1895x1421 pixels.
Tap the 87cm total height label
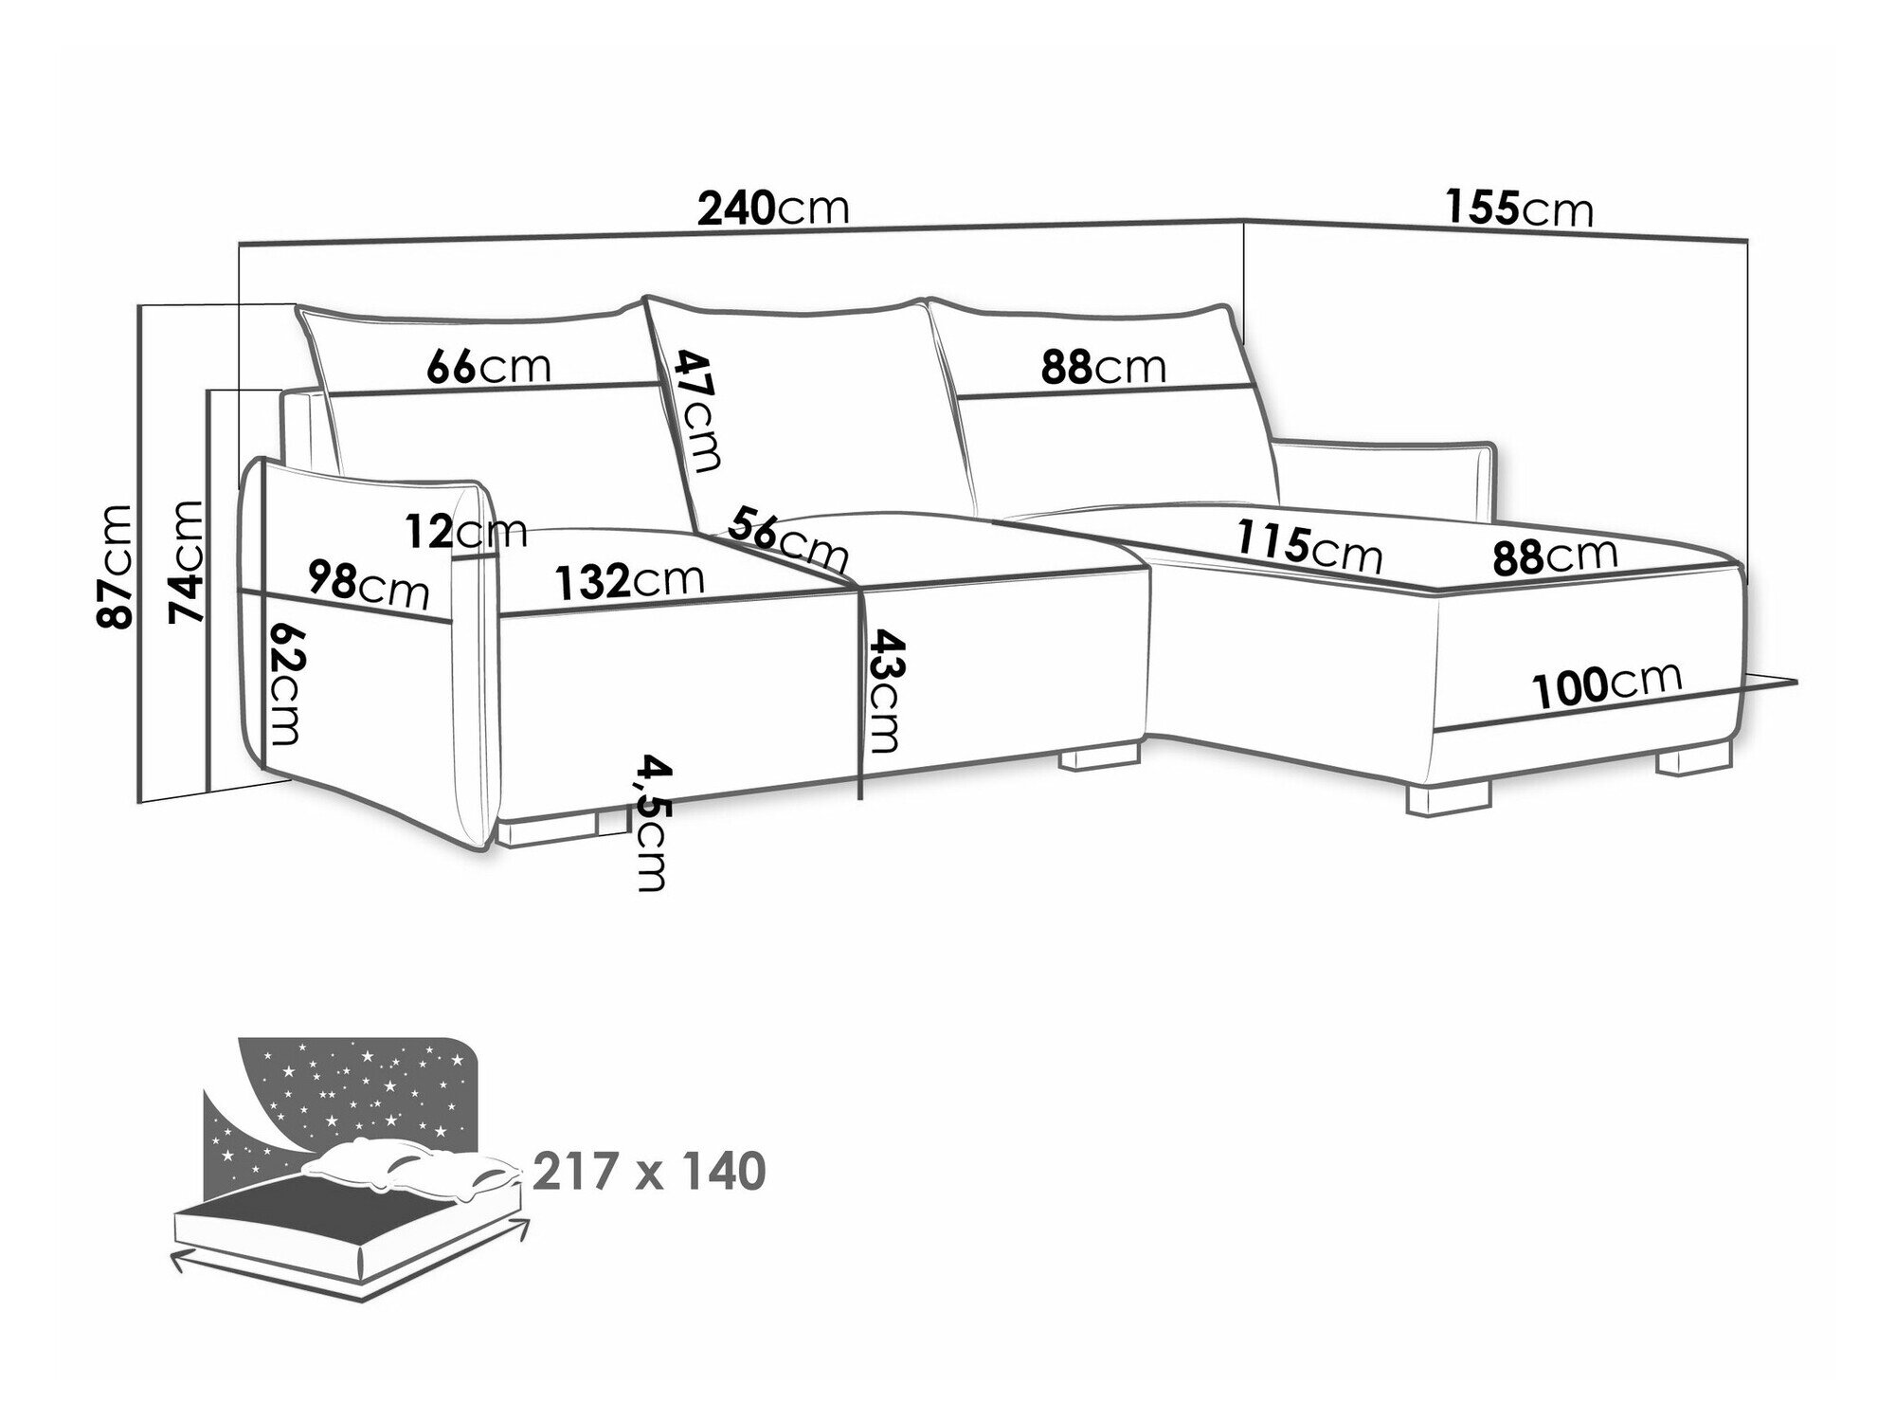(115, 565)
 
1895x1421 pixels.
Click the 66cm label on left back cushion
(488, 365)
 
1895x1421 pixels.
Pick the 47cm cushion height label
(698, 410)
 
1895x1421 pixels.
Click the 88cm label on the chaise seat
(1555, 556)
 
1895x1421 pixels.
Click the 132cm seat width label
(629, 580)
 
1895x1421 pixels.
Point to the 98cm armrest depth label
(369, 584)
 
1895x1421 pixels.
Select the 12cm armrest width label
(465, 532)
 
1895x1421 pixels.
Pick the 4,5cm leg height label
(652, 822)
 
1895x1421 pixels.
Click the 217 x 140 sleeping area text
(649, 1173)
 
